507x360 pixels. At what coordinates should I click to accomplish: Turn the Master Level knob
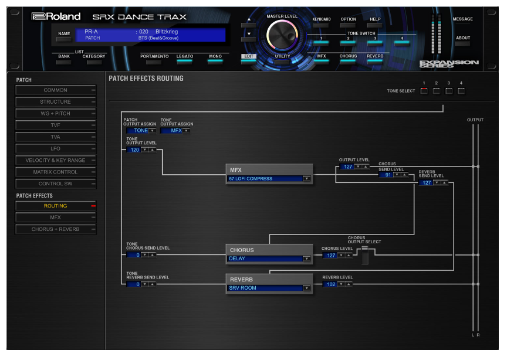[x=282, y=35]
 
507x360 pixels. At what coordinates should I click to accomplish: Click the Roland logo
[x=56, y=16]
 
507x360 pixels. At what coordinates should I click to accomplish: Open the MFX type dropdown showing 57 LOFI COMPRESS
[x=269, y=178]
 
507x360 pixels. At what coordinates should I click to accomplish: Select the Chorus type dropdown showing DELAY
[x=269, y=259]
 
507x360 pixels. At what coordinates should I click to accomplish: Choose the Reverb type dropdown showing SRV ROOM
[x=269, y=288]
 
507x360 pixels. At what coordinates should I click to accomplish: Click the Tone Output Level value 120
[x=134, y=150]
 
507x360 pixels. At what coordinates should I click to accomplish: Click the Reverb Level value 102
[x=330, y=284]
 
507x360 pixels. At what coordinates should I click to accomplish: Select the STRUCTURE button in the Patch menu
[x=56, y=102]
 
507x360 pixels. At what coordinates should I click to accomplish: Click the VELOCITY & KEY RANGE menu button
[x=56, y=160]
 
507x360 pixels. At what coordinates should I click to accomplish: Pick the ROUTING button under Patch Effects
[x=56, y=206]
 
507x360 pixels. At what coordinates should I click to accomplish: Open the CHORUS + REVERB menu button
[x=56, y=229]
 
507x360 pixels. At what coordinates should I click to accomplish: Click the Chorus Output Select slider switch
[x=365, y=254]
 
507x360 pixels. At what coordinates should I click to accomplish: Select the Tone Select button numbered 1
[x=424, y=91]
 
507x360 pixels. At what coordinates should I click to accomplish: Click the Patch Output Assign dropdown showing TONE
[x=141, y=131]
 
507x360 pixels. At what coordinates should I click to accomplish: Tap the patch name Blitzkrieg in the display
[x=167, y=32]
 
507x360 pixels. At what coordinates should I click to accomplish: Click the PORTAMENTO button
[x=154, y=59]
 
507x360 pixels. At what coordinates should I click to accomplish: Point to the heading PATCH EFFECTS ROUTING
[x=146, y=79]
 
